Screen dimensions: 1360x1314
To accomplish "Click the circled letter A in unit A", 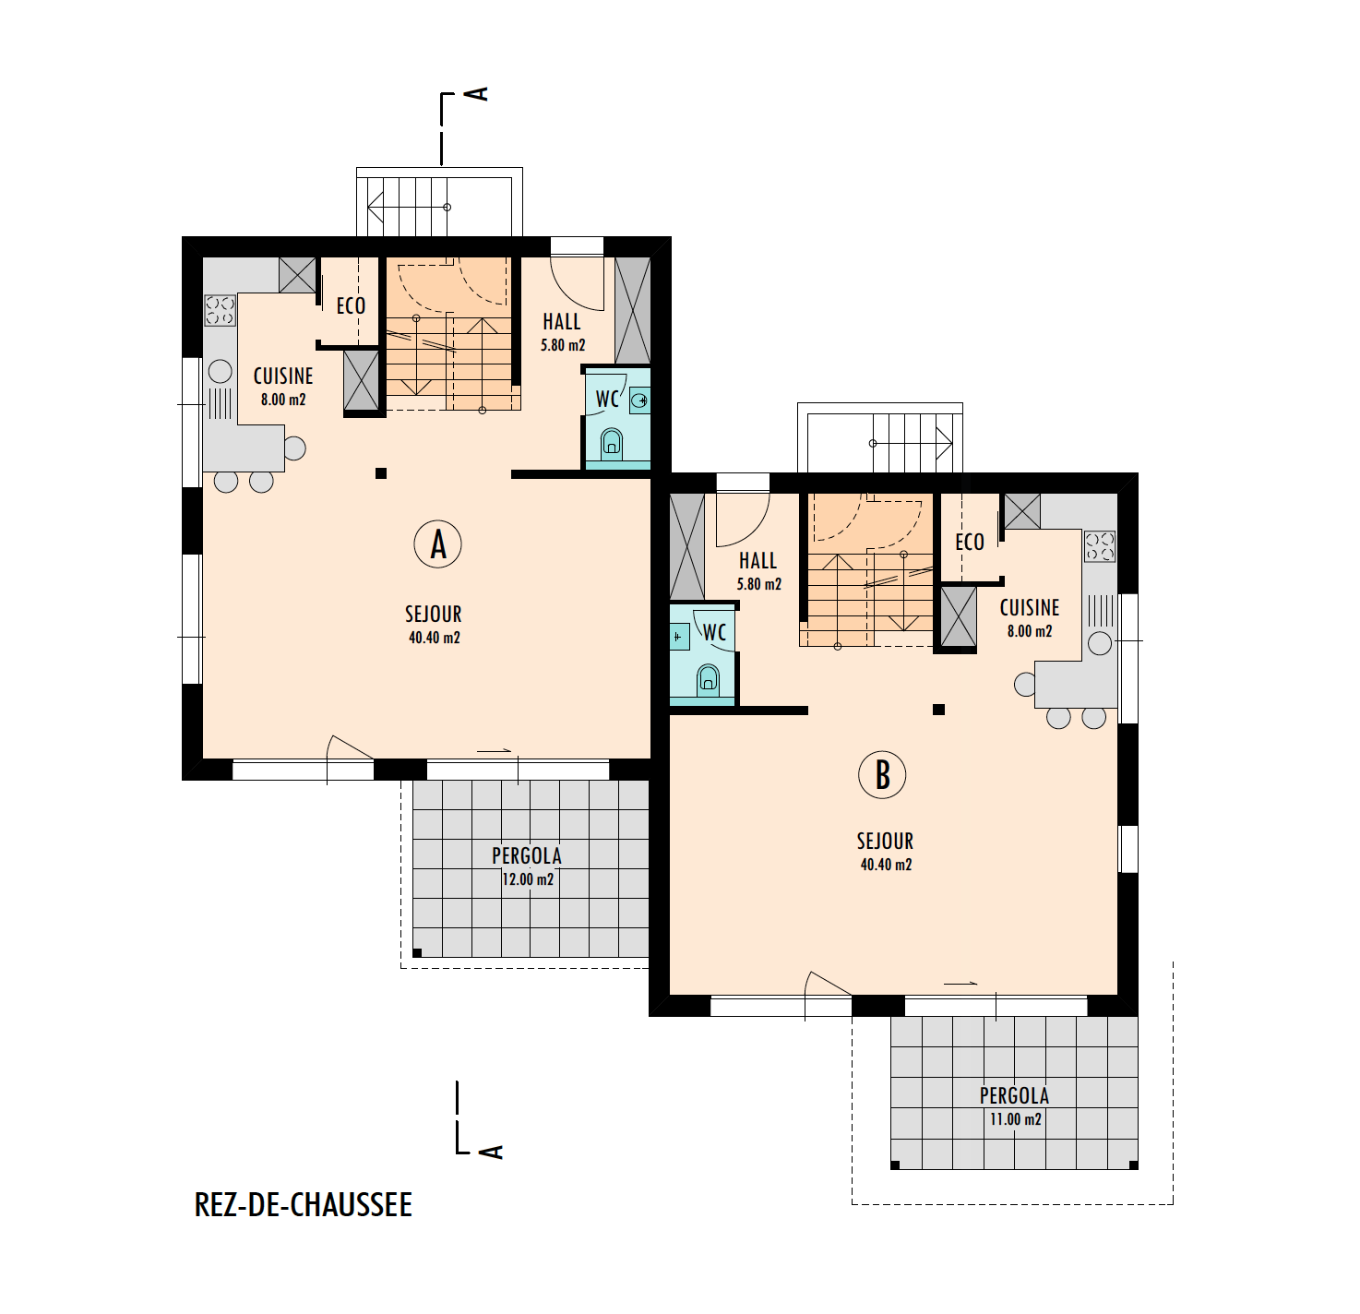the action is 437,544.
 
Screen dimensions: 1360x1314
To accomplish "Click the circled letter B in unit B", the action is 882,774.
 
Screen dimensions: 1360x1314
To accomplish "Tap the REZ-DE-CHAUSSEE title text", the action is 304,1204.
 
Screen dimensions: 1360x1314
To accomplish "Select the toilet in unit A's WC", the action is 613,444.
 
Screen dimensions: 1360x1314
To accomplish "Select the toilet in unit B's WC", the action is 708,679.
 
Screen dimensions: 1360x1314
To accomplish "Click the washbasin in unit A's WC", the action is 639,400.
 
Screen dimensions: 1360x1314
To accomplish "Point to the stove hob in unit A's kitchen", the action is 221,310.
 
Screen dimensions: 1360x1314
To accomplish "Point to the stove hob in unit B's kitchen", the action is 1099,546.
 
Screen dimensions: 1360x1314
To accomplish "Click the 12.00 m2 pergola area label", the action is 528,879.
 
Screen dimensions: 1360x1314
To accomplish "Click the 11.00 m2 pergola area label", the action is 1016,1119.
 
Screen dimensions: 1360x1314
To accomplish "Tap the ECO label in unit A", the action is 351,305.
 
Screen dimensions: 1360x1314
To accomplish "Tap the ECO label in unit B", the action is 970,542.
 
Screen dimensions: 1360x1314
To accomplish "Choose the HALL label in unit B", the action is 758,560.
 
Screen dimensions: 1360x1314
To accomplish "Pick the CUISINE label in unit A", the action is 283,376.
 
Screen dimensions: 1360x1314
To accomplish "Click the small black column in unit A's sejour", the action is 381,473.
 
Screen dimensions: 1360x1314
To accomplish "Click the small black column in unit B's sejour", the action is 938,710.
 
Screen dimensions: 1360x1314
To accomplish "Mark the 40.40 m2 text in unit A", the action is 434,638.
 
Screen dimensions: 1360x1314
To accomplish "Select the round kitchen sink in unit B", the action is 1099,643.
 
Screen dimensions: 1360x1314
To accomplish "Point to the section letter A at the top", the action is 480,93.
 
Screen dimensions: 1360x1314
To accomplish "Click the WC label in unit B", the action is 714,632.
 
